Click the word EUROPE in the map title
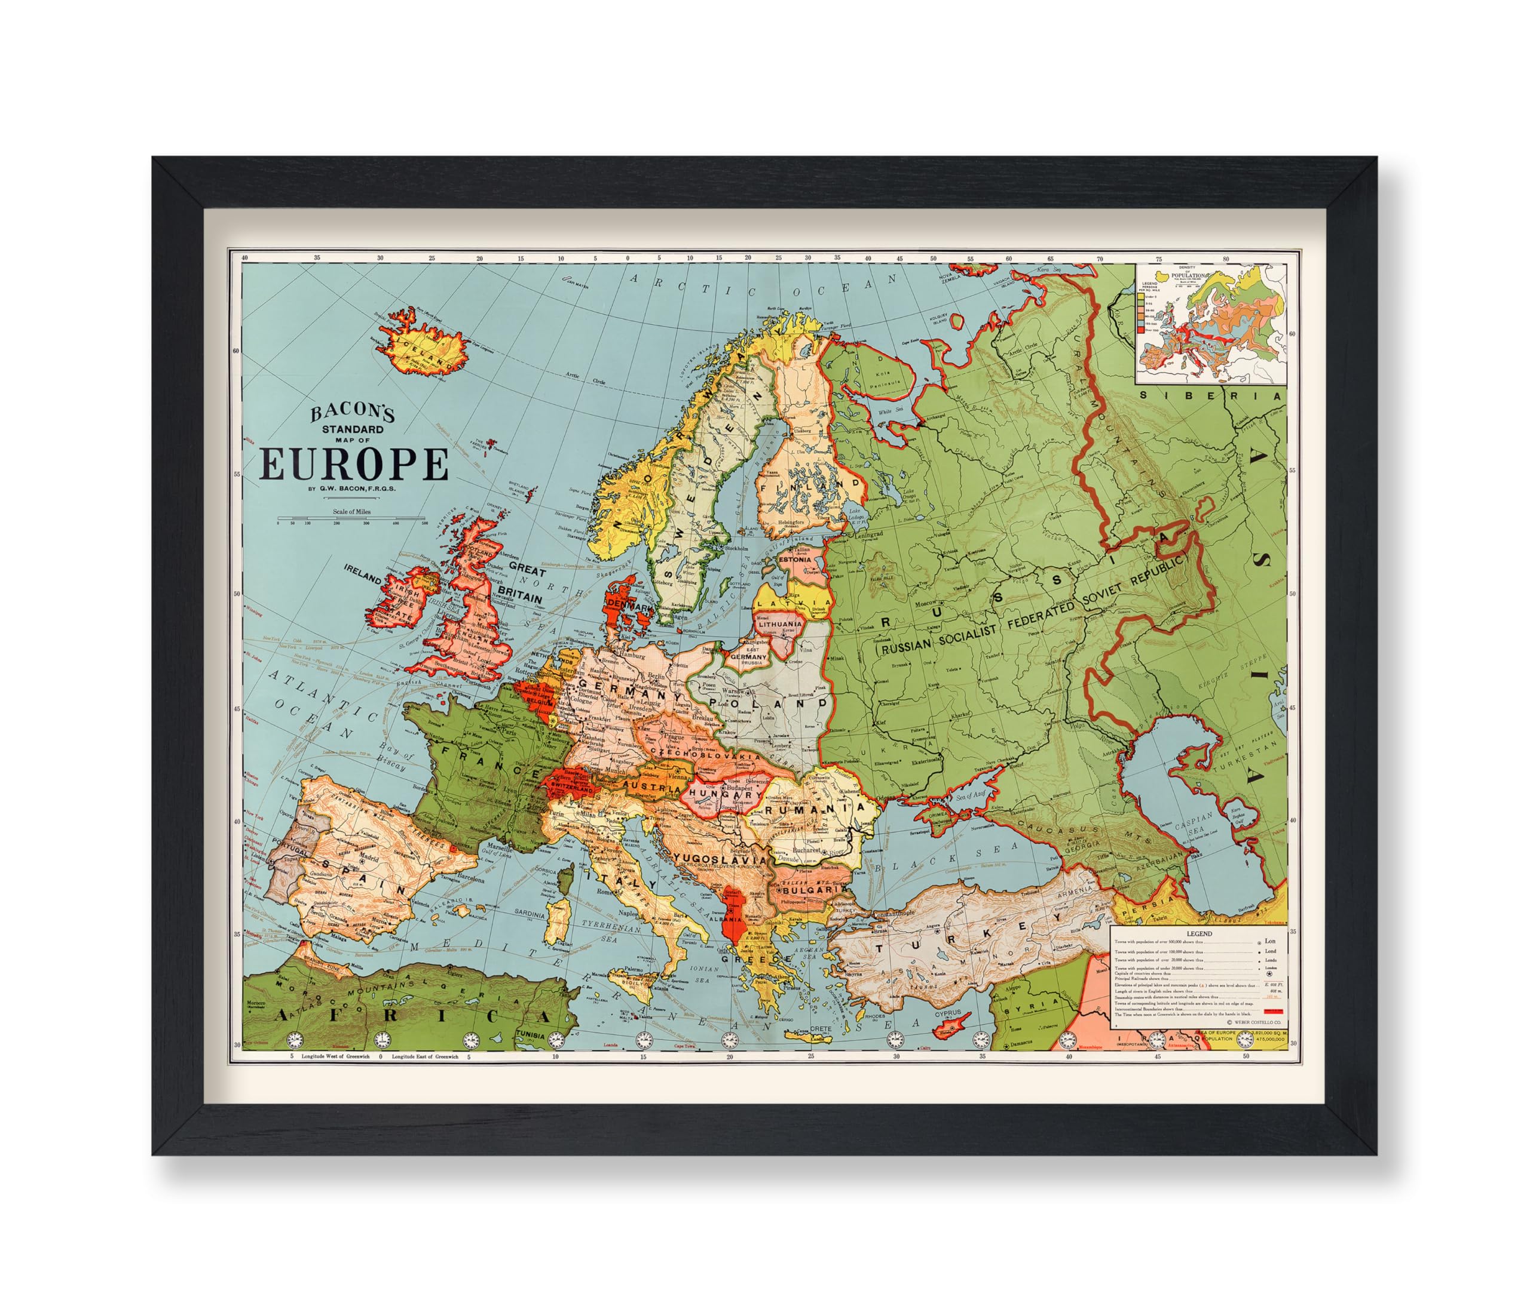354,464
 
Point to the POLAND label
768,702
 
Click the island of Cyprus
950,1024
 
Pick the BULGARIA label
808,889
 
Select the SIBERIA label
1211,395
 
